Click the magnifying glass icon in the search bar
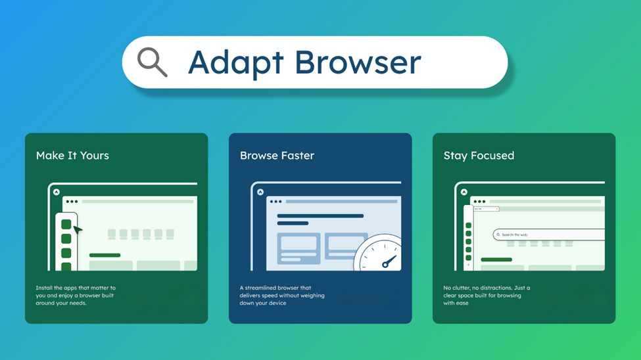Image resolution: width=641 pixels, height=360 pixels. pyautogui.click(x=152, y=62)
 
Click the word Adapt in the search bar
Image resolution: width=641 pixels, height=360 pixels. pyautogui.click(x=236, y=63)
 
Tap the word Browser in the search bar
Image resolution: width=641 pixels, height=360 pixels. pyautogui.click(x=358, y=62)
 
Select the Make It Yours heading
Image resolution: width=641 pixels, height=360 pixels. pyautogui.click(x=72, y=156)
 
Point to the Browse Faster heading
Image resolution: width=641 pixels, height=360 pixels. pyautogui.click(x=277, y=156)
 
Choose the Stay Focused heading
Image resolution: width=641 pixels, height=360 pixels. pyautogui.click(x=479, y=156)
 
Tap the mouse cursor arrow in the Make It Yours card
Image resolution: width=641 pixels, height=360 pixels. pyautogui.click(x=78, y=230)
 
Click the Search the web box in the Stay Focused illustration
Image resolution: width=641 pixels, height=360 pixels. pyautogui.click(x=548, y=235)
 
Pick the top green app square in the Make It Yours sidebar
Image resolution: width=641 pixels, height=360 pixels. pyautogui.click(x=66, y=225)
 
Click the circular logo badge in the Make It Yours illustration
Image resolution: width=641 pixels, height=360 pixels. pyautogui.click(x=57, y=192)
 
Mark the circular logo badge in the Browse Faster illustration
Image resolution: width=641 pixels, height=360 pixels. pyautogui.click(x=260, y=192)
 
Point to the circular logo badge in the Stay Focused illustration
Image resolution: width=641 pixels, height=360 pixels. pyautogui.click(x=464, y=192)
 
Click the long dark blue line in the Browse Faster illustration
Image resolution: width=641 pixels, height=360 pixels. pyautogui.click(x=320, y=215)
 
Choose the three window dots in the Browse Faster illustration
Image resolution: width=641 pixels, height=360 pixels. pyautogui.click(x=276, y=202)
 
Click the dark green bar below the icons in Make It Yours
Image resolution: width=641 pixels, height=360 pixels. pyautogui.click(x=105, y=255)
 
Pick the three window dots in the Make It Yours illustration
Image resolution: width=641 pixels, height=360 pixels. pyautogui.click(x=72, y=202)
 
